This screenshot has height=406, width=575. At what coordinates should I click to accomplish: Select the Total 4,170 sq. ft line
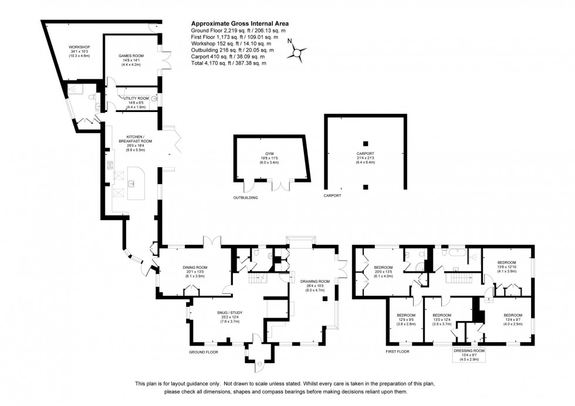click(x=225, y=63)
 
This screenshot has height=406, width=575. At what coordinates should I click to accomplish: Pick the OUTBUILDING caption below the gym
click(x=245, y=198)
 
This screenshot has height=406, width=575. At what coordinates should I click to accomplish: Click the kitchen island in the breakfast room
click(x=136, y=179)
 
